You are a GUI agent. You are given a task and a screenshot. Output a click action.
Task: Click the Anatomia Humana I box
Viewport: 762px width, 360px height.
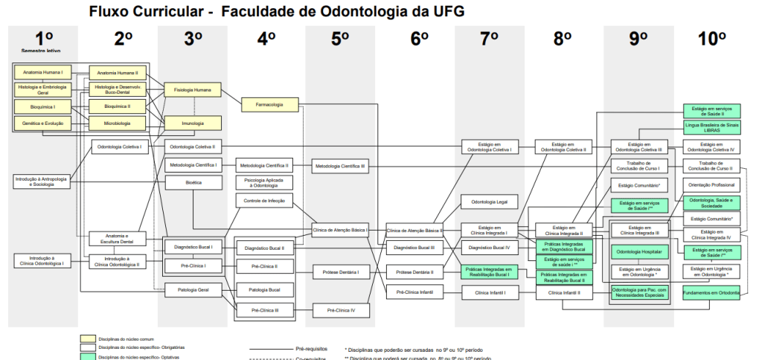pyautogui.click(x=42, y=73)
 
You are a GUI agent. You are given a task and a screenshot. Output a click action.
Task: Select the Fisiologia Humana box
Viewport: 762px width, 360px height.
pyautogui.click(x=193, y=90)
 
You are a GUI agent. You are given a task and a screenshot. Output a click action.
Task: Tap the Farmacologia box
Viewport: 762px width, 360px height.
pyautogui.click(x=269, y=105)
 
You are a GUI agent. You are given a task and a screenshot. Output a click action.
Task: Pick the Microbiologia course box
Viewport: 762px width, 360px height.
pyautogui.click(x=118, y=123)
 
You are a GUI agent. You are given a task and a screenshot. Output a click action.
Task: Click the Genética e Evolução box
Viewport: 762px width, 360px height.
pyautogui.click(x=42, y=123)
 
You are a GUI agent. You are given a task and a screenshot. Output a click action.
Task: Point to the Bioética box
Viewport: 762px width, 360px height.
pyautogui.click(x=193, y=182)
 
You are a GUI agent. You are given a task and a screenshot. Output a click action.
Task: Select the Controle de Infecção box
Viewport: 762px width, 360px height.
pyautogui.click(x=264, y=201)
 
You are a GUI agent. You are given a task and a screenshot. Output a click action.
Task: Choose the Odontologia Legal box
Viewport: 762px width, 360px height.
pyautogui.click(x=489, y=202)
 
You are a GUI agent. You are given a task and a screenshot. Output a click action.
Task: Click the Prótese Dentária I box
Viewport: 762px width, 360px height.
pyautogui.click(x=341, y=273)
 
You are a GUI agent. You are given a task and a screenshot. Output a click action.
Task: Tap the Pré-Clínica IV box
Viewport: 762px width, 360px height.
pyautogui.click(x=341, y=309)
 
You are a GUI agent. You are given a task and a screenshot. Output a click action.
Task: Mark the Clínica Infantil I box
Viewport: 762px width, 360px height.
pyautogui.click(x=489, y=293)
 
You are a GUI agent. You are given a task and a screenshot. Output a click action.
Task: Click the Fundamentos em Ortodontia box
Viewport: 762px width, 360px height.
pyautogui.click(x=712, y=293)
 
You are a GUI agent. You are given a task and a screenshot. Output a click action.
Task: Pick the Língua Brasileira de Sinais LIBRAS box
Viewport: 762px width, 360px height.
pyautogui.click(x=712, y=127)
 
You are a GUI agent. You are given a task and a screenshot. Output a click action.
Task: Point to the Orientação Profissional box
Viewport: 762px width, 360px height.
pyautogui.click(x=712, y=184)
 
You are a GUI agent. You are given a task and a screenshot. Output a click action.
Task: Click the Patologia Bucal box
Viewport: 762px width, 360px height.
pyautogui.click(x=264, y=289)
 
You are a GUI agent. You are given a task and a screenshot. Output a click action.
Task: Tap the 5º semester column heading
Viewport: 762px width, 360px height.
pyautogui.click(x=340, y=39)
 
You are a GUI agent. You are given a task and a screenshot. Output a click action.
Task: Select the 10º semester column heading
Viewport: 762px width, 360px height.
pyautogui.click(x=712, y=39)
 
